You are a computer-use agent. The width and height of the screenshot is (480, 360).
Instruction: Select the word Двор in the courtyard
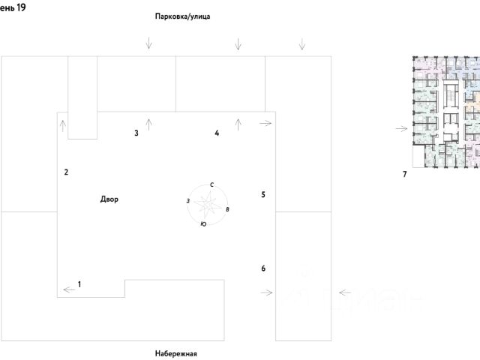(109, 199)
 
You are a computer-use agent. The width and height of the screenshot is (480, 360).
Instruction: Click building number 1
(79, 283)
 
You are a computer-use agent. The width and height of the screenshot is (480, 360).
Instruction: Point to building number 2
(66, 172)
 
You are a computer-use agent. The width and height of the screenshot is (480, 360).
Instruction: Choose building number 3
(136, 133)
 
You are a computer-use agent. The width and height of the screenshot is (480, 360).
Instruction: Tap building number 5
(263, 195)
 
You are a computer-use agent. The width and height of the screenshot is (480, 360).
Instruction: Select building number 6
(263, 268)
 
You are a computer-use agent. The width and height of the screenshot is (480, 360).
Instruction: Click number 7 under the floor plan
(404, 175)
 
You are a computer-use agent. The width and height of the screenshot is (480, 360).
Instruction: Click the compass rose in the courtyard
(207, 203)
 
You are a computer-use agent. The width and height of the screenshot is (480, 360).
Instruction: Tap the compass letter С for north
(212, 184)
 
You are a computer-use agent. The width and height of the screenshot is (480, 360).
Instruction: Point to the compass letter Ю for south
(203, 224)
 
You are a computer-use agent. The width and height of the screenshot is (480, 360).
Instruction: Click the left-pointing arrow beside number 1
(68, 289)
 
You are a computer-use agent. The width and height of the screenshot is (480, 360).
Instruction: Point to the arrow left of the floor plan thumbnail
(402, 129)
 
